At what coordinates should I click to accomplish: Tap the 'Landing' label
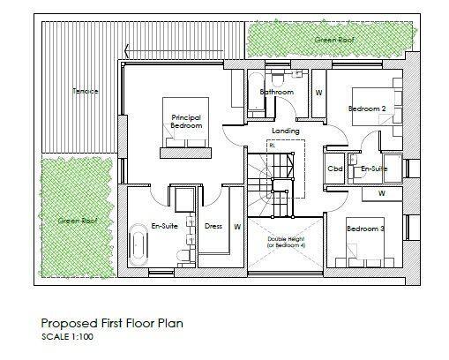(x=285, y=131)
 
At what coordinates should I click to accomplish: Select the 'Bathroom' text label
(x=276, y=92)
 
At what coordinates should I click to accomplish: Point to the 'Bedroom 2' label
(x=367, y=108)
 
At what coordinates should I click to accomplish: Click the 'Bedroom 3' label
(x=366, y=229)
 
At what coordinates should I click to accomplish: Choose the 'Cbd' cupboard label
(x=335, y=168)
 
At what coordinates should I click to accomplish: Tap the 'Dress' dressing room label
(x=213, y=226)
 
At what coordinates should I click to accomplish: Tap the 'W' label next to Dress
(x=236, y=226)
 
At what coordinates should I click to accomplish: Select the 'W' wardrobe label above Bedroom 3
(x=381, y=191)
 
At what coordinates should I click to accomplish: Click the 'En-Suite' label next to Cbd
(x=374, y=168)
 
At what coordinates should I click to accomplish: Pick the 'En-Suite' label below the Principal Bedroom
(x=165, y=226)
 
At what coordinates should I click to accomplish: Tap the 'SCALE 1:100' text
(x=71, y=337)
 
